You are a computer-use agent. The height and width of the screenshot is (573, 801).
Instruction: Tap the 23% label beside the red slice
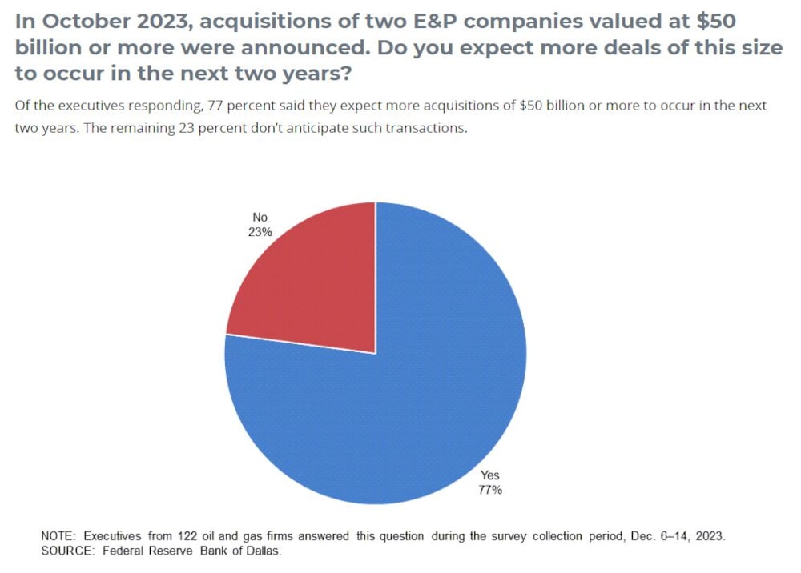pyautogui.click(x=261, y=232)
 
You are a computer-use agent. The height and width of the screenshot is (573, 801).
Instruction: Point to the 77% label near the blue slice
pyautogui.click(x=490, y=490)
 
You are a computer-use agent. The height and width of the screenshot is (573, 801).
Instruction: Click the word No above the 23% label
pyautogui.click(x=260, y=218)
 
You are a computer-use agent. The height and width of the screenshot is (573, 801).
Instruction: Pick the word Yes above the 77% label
pyautogui.click(x=489, y=475)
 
